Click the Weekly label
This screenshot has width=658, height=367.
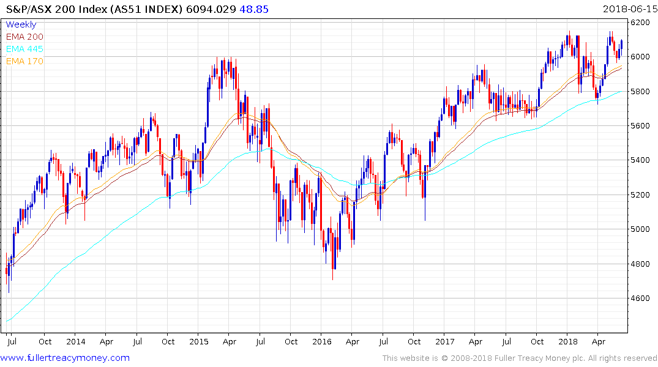click(x=21, y=25)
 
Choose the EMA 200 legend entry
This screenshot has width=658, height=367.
click(x=24, y=37)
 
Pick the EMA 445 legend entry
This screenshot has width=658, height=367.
click(x=24, y=49)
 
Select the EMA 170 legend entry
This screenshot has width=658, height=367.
click(x=24, y=61)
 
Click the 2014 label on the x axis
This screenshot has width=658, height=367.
click(x=75, y=341)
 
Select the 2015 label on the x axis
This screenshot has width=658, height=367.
click(x=198, y=341)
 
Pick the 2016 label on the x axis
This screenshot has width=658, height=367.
click(x=321, y=341)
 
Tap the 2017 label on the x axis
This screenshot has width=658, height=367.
click(x=445, y=341)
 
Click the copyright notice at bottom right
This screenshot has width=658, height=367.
click(x=520, y=358)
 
